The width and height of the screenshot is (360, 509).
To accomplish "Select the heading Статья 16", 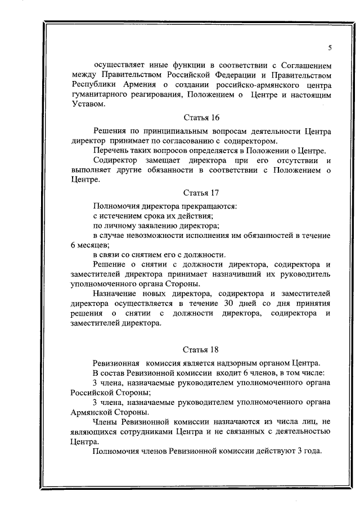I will pyautogui.click(x=197, y=118).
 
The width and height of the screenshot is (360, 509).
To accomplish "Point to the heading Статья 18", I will pyautogui.click(x=197, y=350).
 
